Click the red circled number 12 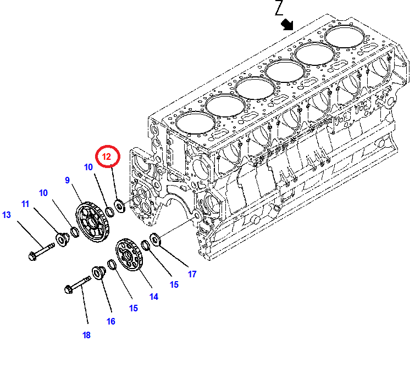click(107, 157)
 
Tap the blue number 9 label click(67, 180)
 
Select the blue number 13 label click(7, 215)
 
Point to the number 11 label click(25, 204)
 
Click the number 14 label click(154, 297)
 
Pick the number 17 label click(192, 274)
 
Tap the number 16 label click(111, 321)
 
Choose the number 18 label click(86, 335)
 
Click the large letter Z click(279, 7)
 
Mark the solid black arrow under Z click(287, 25)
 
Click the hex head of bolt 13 click(32, 256)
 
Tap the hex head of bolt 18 click(69, 289)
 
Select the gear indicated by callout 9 click(92, 222)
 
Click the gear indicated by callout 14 click(129, 254)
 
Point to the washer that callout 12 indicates click(119, 206)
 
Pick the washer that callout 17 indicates click(156, 239)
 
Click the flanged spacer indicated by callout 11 click(63, 239)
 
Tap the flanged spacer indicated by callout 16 click(99, 273)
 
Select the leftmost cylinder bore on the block click(195, 123)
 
